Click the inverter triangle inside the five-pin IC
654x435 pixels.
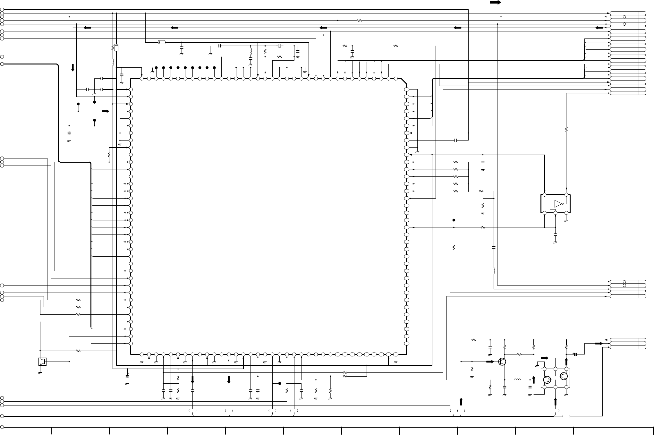pyautogui.click(x=558, y=204)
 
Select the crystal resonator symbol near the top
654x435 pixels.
pyautogui.click(x=280, y=46)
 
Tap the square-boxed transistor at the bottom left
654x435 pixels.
pyautogui.click(x=42, y=362)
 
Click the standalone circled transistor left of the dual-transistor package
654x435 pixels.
pyautogui.click(x=502, y=362)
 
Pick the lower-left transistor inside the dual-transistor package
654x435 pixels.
pyautogui.click(x=548, y=380)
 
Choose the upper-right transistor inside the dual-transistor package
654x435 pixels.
pyautogui.click(x=564, y=376)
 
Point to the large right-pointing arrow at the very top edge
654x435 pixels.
pyautogui.click(x=495, y=3)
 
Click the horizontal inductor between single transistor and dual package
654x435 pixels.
pyautogui.click(x=517, y=380)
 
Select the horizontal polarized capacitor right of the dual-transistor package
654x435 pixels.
pyautogui.click(x=575, y=354)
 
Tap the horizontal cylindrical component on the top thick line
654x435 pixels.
pyautogui.click(x=162, y=42)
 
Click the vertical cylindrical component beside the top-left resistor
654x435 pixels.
pyautogui.click(x=116, y=48)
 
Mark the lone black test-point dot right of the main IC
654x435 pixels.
pyautogui.click(x=454, y=220)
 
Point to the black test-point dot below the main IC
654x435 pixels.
pyautogui.click(x=280, y=383)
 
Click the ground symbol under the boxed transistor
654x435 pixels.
pyautogui.click(x=40, y=373)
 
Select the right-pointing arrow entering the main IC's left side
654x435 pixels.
pyautogui.click(x=105, y=111)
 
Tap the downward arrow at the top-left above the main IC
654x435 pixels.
pyautogui.click(x=73, y=67)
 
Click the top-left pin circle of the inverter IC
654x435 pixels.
pyautogui.click(x=544, y=195)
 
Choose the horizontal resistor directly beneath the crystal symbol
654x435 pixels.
pyautogui.click(x=279, y=57)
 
